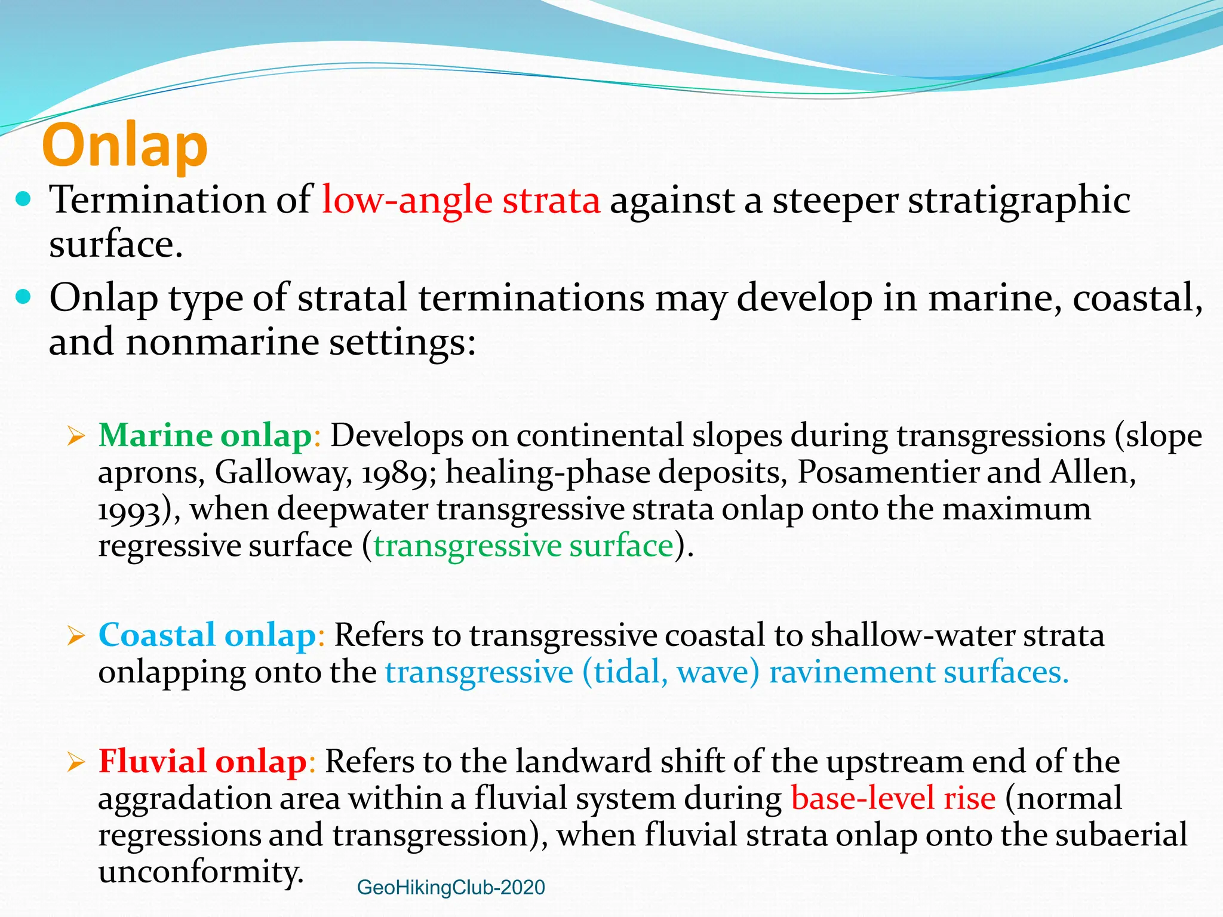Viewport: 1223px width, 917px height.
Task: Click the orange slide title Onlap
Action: click(125, 146)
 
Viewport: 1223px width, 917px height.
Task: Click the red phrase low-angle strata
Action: click(460, 200)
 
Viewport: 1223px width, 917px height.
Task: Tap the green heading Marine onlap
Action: click(205, 435)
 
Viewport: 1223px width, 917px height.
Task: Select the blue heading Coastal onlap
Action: click(207, 635)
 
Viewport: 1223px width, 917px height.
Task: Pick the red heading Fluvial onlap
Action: click(202, 762)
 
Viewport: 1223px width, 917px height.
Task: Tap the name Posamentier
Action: click(888, 472)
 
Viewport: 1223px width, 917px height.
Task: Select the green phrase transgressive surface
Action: click(523, 546)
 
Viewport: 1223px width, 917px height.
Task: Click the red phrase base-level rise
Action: click(893, 798)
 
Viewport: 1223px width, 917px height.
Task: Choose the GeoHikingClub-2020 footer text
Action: click(451, 887)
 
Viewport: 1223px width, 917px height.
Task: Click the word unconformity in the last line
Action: click(201, 872)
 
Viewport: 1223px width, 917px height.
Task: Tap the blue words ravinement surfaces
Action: click(918, 672)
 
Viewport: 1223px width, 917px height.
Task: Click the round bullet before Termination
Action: click(23, 199)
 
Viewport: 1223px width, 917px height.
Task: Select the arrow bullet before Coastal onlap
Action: click(76, 636)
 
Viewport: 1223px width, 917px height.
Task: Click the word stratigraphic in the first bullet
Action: click(1019, 200)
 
